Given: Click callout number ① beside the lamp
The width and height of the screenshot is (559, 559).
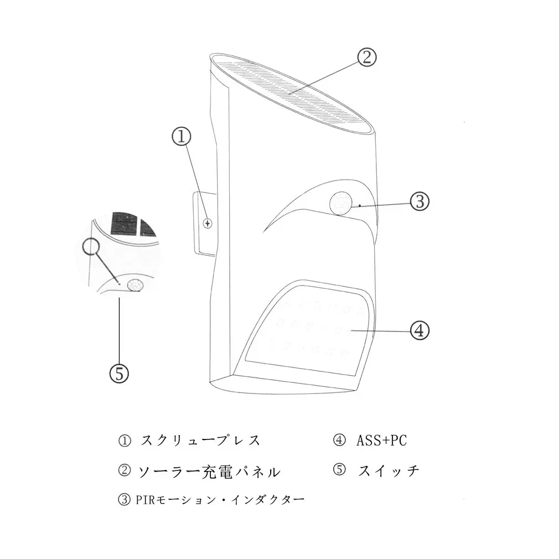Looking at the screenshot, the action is (182, 137).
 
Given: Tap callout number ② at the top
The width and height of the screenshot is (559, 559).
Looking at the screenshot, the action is (367, 57).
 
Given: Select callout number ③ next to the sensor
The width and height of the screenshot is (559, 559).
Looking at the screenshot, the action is (420, 201).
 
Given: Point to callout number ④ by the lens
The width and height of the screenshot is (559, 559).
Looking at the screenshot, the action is (420, 330).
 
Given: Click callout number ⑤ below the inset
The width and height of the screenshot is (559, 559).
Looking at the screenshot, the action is (119, 374).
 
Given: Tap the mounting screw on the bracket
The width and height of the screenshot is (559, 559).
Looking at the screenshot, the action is (208, 224).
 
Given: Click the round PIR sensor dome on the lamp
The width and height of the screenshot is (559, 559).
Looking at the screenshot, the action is (340, 203).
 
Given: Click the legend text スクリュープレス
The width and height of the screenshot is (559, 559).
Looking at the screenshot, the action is (200, 441).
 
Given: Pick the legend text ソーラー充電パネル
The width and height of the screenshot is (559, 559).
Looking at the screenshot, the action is (209, 472).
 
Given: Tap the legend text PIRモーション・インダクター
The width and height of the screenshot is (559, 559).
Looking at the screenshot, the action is (220, 500).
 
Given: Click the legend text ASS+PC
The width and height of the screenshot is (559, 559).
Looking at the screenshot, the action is (381, 441).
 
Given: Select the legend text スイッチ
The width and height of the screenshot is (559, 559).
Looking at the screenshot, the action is (389, 471).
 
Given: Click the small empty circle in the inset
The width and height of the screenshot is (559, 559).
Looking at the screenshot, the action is (91, 246).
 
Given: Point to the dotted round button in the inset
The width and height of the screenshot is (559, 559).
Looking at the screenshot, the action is (136, 285).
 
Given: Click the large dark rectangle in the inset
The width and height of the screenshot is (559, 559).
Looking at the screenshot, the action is (125, 224).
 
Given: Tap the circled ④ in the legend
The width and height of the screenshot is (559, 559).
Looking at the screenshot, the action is (339, 441).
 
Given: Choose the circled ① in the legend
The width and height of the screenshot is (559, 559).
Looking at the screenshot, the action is (125, 441).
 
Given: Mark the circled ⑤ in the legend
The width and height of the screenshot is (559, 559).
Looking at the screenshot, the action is (339, 470).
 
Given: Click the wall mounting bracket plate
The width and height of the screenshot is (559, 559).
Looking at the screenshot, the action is (205, 224).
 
